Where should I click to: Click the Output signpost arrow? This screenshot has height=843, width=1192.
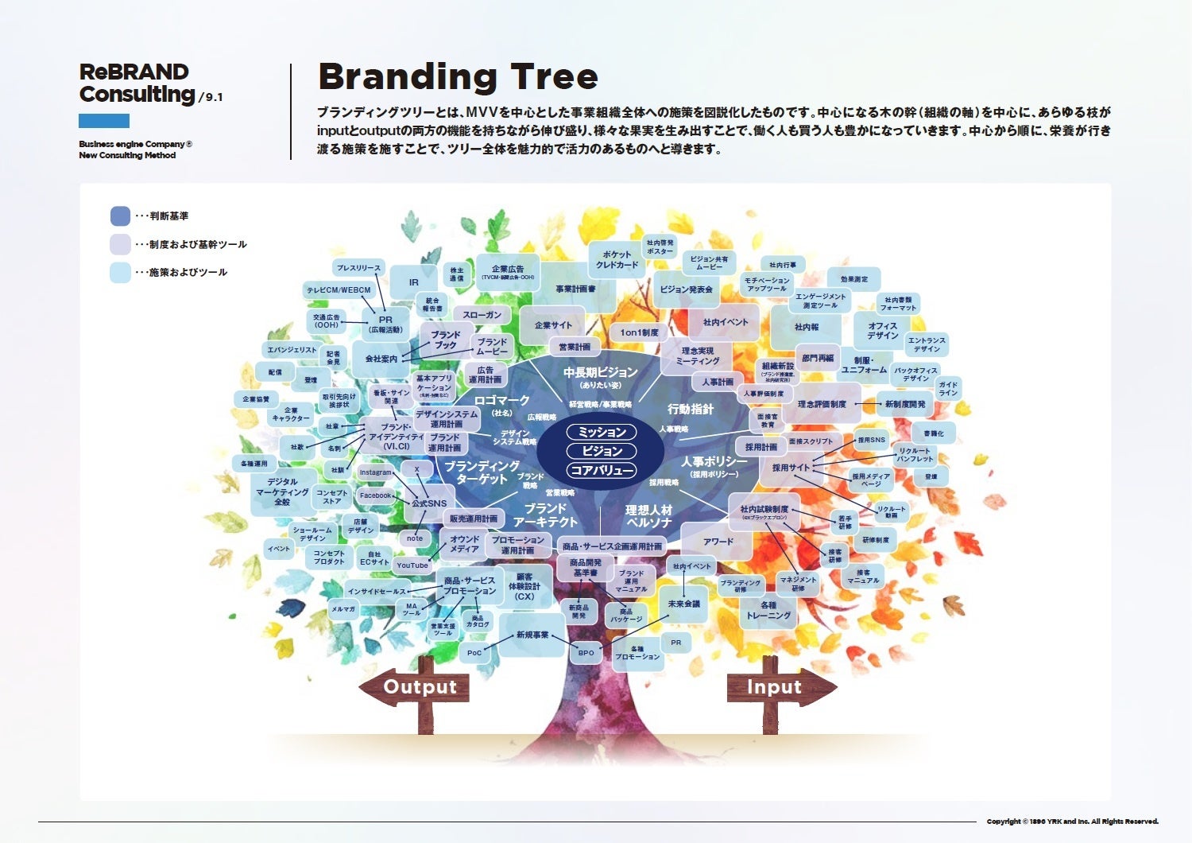pyautogui.click(x=415, y=687)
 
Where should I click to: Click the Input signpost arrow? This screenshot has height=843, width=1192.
pyautogui.click(x=779, y=687)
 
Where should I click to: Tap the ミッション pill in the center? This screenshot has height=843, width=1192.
pyautogui.click(x=602, y=432)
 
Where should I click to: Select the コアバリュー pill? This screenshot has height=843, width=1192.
pyautogui.click(x=602, y=470)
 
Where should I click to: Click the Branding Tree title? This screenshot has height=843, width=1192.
pyautogui.click(x=458, y=77)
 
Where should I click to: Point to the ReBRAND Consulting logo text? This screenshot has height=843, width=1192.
pyautogui.click(x=137, y=84)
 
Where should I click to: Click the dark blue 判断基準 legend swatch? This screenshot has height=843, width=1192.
pyautogui.click(x=120, y=216)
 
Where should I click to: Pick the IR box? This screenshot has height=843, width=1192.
pyautogui.click(x=413, y=282)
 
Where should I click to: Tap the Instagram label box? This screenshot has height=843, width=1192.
pyautogui.click(x=376, y=472)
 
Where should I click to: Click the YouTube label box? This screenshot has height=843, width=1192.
pyautogui.click(x=412, y=565)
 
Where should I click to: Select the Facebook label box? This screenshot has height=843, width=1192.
pyautogui.click(x=376, y=495)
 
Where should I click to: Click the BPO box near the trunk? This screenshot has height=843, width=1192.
pyautogui.click(x=586, y=653)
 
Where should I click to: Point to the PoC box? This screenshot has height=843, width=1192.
pyautogui.click(x=474, y=653)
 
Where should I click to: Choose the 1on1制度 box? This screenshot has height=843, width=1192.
pyautogui.click(x=639, y=332)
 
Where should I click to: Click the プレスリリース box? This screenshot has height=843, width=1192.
pyautogui.click(x=358, y=268)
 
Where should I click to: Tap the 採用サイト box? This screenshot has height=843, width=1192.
pyautogui.click(x=791, y=468)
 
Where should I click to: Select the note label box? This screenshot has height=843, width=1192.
pyautogui.click(x=415, y=538)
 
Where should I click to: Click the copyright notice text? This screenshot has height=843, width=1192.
pyautogui.click(x=1072, y=822)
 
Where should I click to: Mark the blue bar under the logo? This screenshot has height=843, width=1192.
pyautogui.click(x=103, y=121)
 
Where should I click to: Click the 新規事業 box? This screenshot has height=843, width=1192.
pyautogui.click(x=532, y=635)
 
